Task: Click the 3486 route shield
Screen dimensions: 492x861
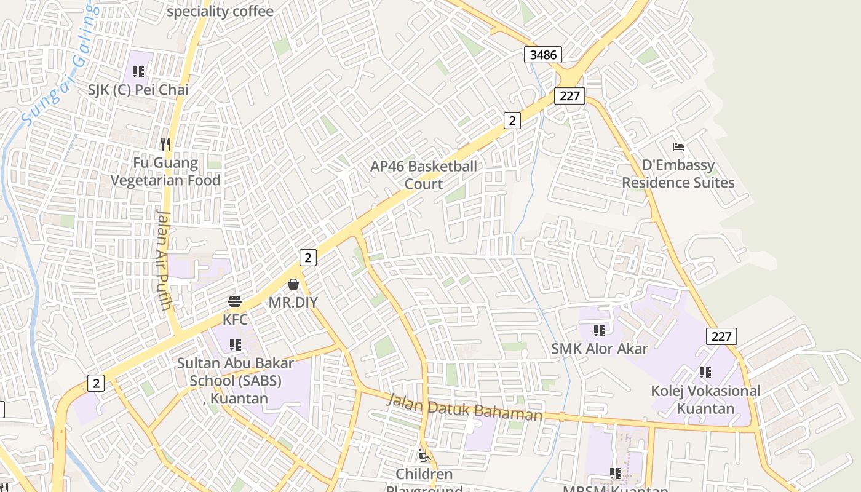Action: tap(543, 55)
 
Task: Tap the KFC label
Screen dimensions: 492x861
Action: tap(235, 320)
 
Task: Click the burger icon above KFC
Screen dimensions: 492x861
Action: tap(235, 301)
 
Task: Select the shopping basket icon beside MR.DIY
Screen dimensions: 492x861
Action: tap(293, 284)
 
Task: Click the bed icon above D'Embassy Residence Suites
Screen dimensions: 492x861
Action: tap(678, 147)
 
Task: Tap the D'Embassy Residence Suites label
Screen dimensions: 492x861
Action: tap(678, 174)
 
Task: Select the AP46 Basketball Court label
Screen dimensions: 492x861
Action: tap(424, 175)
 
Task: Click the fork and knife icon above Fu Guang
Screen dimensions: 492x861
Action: tap(165, 145)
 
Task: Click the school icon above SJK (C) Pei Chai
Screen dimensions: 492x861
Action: tap(138, 72)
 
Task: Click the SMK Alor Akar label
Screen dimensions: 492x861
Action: tap(600, 349)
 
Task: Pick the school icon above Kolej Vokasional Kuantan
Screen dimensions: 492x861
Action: tap(705, 373)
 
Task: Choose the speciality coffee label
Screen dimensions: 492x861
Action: tap(220, 11)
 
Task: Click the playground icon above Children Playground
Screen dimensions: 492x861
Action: tap(424, 456)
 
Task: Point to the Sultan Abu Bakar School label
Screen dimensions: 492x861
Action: tap(236, 380)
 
